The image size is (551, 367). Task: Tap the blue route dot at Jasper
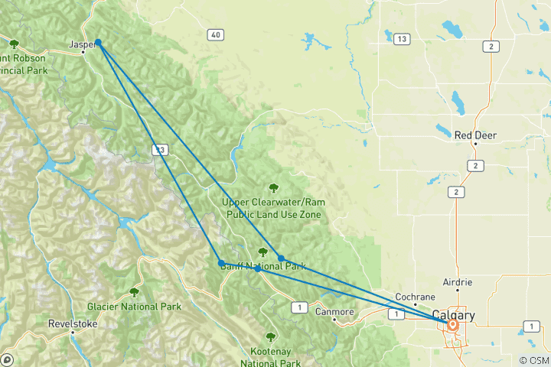[98, 44]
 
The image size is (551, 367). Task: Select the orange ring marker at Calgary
[452, 325]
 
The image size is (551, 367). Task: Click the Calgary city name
[453, 314]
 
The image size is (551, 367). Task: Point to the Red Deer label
[475, 135]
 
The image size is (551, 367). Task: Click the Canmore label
[335, 311]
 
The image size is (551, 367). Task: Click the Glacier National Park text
[134, 307]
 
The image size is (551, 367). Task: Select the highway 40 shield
[216, 34]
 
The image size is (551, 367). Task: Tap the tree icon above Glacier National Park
[135, 292]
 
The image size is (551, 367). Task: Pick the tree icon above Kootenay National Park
[271, 336]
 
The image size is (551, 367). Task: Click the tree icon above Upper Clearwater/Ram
[273, 187]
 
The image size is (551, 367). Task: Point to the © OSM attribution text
[533, 360]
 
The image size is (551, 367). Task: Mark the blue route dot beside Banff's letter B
[221, 263]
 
